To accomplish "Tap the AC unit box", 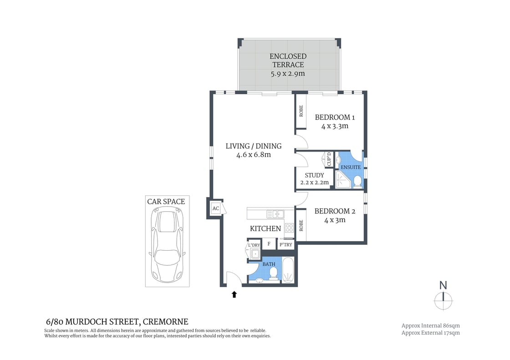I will [215, 209].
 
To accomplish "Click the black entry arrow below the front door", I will [234, 294].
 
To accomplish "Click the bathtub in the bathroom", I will [288, 270].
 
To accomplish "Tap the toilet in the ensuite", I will [357, 182].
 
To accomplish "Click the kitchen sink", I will [275, 213].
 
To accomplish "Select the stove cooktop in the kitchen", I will [289, 228].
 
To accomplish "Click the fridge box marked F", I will [269, 244].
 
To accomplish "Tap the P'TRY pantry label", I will [286, 244].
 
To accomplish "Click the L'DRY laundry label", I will [254, 245].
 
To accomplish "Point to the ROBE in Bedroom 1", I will [301, 111].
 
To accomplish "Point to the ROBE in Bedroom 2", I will [301, 225].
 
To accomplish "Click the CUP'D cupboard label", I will [328, 160].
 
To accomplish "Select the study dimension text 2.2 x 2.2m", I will [314, 183].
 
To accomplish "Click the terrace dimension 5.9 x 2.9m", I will [288, 73].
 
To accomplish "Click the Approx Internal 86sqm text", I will [430, 325].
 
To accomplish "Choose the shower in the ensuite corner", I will [342, 181].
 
